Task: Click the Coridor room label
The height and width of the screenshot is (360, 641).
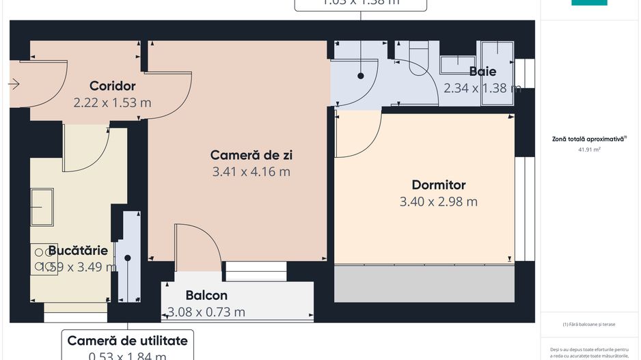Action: (x=113, y=86)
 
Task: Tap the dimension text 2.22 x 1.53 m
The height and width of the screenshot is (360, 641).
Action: (x=113, y=103)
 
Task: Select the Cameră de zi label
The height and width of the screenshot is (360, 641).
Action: (x=251, y=155)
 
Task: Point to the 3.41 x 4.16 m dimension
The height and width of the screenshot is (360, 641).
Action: (x=251, y=172)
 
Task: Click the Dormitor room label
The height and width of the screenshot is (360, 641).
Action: (x=439, y=185)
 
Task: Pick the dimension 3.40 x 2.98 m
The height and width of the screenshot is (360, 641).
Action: (x=439, y=202)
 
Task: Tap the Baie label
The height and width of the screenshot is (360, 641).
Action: (x=482, y=72)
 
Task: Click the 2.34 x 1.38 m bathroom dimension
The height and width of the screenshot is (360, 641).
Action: (x=482, y=88)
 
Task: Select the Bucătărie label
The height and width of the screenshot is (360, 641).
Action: (x=78, y=251)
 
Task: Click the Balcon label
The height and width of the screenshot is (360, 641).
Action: (x=206, y=296)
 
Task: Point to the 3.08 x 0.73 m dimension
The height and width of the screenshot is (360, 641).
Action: (x=206, y=313)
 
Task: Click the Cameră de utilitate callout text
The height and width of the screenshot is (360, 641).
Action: (x=127, y=340)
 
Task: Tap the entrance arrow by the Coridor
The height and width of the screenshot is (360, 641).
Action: (x=14, y=84)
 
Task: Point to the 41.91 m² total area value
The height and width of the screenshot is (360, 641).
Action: (x=589, y=148)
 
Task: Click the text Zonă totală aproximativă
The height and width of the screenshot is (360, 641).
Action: (x=589, y=139)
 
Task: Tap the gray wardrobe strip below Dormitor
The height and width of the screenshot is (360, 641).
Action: (x=424, y=284)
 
